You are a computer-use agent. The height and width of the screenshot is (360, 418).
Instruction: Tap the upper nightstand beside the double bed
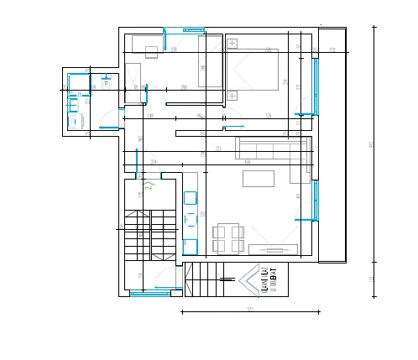tap(233, 42)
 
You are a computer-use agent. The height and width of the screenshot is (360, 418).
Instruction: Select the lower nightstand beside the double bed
tap(233, 95)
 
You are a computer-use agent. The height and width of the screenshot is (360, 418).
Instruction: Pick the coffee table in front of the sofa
tap(258, 178)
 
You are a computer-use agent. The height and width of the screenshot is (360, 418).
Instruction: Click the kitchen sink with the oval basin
tap(190, 198)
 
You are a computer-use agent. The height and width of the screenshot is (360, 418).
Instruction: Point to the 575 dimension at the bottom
tap(250, 309)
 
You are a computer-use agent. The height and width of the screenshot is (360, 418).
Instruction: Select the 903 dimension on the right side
tap(371, 144)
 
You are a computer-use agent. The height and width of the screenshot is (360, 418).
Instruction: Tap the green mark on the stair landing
tap(149, 185)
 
